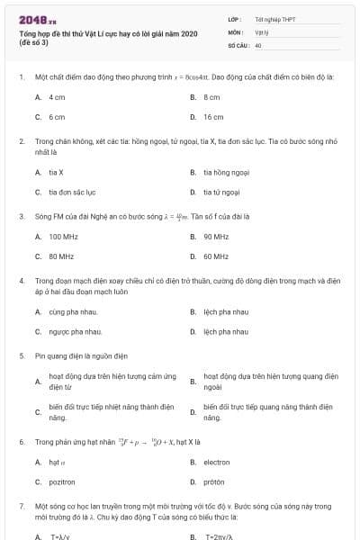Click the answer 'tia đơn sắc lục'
click(x=72, y=192)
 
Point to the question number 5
click(x=21, y=355)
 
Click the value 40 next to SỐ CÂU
click(x=258, y=44)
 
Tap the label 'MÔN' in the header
click(x=235, y=31)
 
